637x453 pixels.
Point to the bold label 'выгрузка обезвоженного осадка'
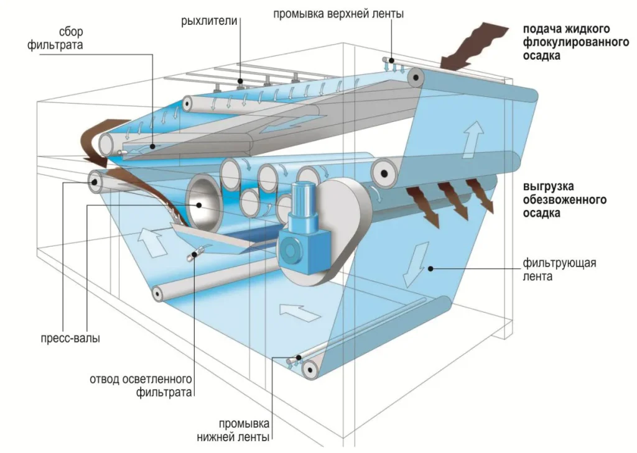point(565,199)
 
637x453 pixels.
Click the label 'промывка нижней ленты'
point(239,429)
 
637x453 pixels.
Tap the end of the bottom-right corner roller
point(309,370)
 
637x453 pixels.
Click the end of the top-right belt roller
point(415,79)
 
